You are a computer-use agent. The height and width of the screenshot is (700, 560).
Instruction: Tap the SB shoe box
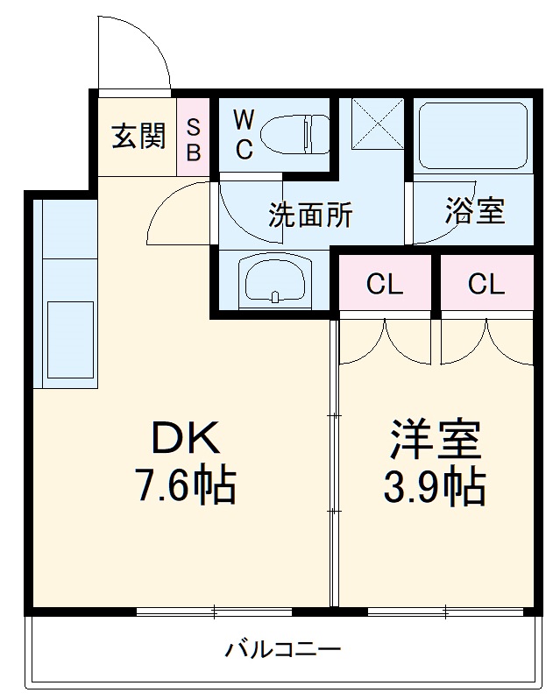pos(194,138)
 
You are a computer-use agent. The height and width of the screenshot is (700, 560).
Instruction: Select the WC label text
pos(244,135)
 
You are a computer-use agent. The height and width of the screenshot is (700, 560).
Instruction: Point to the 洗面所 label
pos(310,215)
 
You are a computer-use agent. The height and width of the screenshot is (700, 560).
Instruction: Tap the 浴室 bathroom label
pos(474,211)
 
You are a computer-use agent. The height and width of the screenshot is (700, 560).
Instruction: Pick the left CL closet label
pos(385,285)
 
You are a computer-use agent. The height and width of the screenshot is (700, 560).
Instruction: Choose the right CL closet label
pos(486,285)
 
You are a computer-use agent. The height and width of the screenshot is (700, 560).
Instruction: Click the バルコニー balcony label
pos(282,650)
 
